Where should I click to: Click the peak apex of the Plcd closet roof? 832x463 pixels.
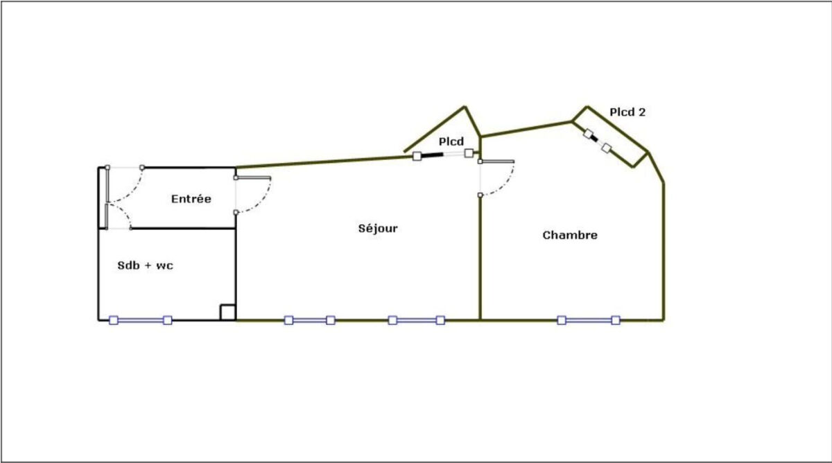point(465,107)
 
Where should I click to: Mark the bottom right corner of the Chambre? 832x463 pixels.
point(664,320)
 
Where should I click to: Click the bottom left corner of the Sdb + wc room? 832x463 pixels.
point(98,320)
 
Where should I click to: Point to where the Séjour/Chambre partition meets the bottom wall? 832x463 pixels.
point(480,320)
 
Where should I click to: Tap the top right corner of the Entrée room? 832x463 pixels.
point(236,168)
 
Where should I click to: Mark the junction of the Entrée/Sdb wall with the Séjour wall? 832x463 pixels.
point(236,228)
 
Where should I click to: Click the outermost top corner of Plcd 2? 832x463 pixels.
point(587,107)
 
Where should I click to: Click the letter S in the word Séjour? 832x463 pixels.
point(362,228)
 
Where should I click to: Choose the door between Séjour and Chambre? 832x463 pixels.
point(497,178)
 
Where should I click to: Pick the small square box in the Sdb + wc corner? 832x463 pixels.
point(227,313)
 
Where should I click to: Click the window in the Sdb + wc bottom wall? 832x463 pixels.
point(140,320)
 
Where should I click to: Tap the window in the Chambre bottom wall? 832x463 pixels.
point(589,320)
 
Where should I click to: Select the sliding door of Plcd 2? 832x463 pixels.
point(597,141)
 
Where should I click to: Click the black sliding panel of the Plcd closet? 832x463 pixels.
point(432,155)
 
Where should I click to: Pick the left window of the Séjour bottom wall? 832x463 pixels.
point(309,320)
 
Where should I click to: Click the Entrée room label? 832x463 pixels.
point(191,199)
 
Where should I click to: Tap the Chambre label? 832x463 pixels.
point(570,235)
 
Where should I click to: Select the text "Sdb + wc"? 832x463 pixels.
point(145,265)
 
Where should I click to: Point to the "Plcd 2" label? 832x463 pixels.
point(627,112)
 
